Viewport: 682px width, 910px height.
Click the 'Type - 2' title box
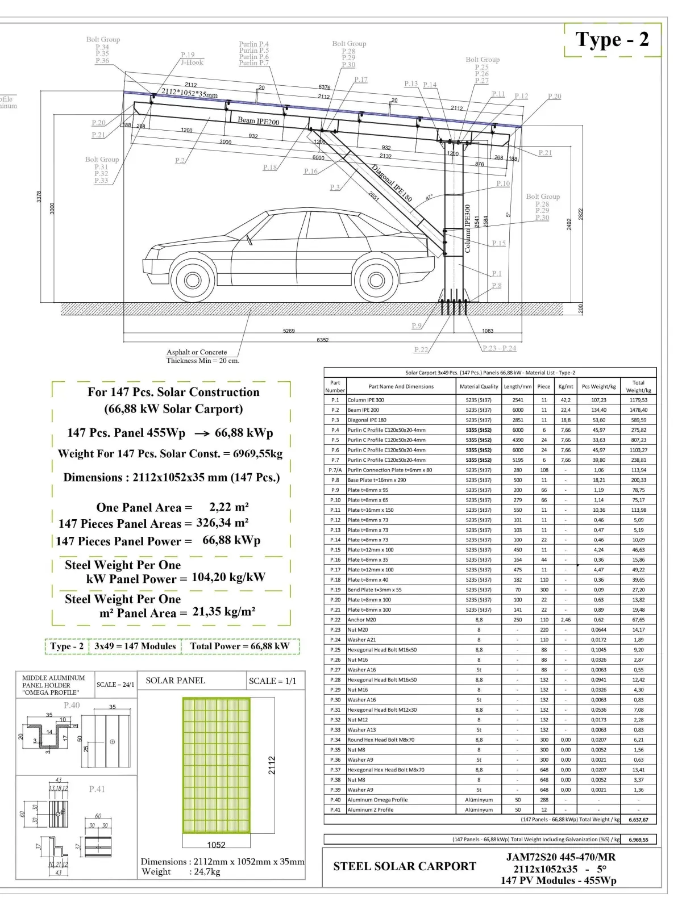pos(612,40)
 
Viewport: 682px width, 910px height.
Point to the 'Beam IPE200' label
pos(259,120)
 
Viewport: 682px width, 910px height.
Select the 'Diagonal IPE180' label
pos(392,183)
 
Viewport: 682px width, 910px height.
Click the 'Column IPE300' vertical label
pos(468,228)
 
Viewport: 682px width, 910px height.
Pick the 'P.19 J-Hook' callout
pos(191,59)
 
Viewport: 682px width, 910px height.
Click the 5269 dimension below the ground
pos(289,331)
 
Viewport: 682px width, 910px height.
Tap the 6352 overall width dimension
pos(322,340)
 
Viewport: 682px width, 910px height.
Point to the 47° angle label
pos(429,198)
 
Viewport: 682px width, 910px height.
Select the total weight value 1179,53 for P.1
pos(638,400)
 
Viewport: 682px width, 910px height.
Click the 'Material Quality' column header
pos(479,386)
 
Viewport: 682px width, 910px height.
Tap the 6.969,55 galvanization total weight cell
pos(638,840)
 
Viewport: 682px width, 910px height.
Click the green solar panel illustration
pos(216,765)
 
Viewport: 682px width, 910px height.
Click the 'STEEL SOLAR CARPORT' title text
pos(405,866)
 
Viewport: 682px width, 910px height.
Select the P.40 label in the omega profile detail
pos(72,705)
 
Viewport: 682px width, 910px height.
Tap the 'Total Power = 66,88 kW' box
pos(239,646)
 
